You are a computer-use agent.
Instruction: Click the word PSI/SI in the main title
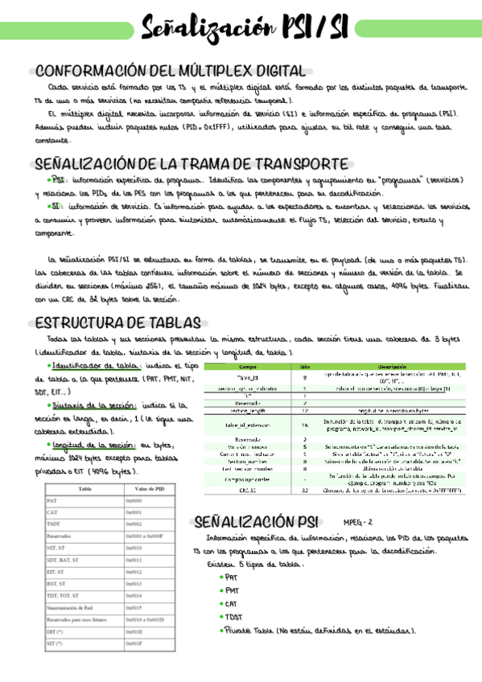point(312,29)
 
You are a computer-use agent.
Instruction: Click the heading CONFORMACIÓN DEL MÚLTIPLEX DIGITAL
point(171,71)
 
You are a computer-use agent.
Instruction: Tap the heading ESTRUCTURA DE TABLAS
point(118,323)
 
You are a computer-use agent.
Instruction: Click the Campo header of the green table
point(248,366)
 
